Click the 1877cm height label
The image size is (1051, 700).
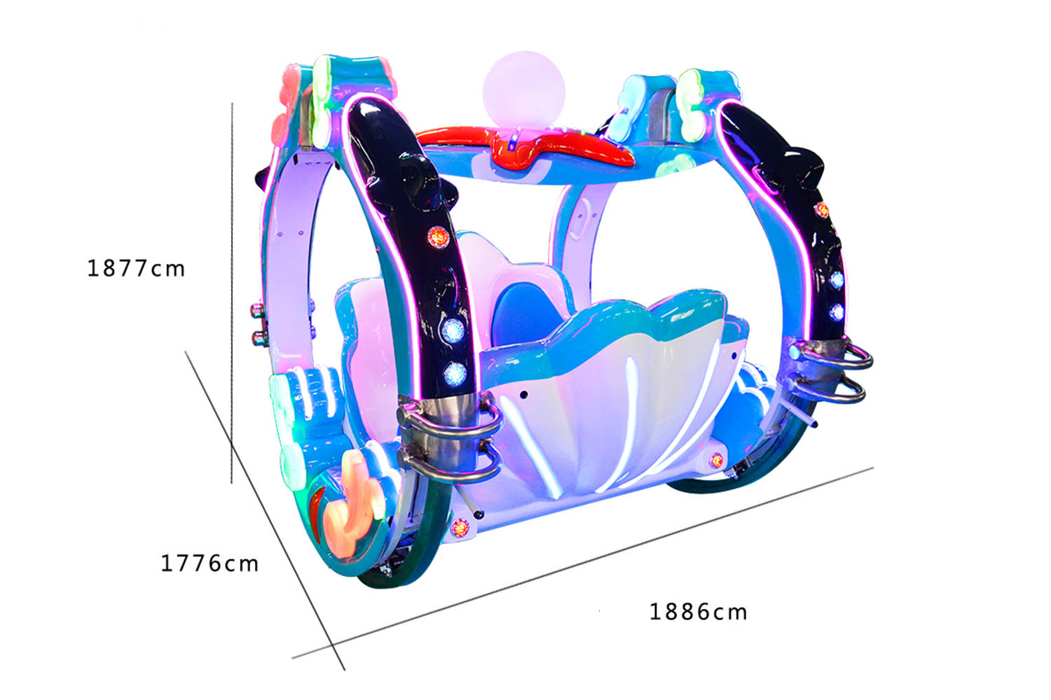pyautogui.click(x=136, y=268)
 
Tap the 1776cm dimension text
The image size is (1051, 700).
pyautogui.click(x=209, y=563)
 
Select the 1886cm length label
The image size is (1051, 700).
pyautogui.click(x=698, y=612)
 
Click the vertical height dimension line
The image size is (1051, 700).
pyautogui.click(x=232, y=294)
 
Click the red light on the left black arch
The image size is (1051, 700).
pyautogui.click(x=438, y=237)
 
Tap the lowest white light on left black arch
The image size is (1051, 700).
pyautogui.click(x=455, y=373)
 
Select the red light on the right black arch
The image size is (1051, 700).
pyautogui.click(x=822, y=209)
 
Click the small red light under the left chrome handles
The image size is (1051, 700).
pyautogui.click(x=460, y=528)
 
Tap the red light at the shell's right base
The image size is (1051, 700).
pyautogui.click(x=716, y=460)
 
